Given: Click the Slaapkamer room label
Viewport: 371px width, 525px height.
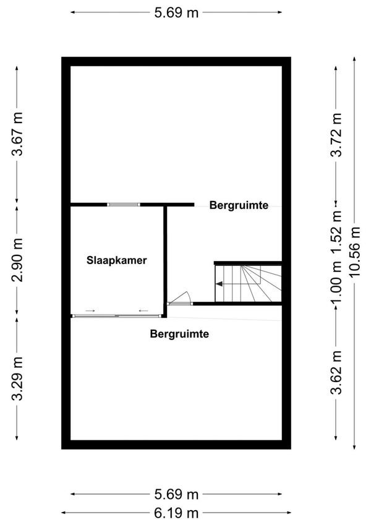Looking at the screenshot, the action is [116, 260].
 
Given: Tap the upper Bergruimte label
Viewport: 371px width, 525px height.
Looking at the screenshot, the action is [239, 205].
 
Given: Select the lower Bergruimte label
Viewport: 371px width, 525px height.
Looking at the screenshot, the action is [179, 333].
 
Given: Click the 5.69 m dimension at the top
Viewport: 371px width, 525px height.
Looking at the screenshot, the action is [176, 13].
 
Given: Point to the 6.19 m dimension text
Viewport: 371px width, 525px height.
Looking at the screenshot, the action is [176, 513].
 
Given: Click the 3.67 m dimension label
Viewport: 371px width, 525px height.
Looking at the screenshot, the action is [17, 134].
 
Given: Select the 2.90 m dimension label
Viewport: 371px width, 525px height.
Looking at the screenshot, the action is [17, 260].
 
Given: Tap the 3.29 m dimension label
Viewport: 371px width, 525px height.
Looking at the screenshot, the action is [17, 378].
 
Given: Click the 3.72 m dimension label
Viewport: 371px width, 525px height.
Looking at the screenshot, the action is [336, 135].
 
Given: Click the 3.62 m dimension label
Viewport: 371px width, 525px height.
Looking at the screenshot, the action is [336, 372].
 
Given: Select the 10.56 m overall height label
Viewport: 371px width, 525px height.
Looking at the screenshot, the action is [354, 252].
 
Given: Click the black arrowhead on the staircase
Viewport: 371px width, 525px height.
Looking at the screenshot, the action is [220, 284].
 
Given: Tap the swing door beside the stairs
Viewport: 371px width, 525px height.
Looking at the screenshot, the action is [180, 298].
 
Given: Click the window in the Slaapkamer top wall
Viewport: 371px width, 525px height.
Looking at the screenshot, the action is [124, 205].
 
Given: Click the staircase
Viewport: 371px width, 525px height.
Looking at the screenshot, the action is [248, 283].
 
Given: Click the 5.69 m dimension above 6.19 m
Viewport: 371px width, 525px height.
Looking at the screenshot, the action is [176, 494].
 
